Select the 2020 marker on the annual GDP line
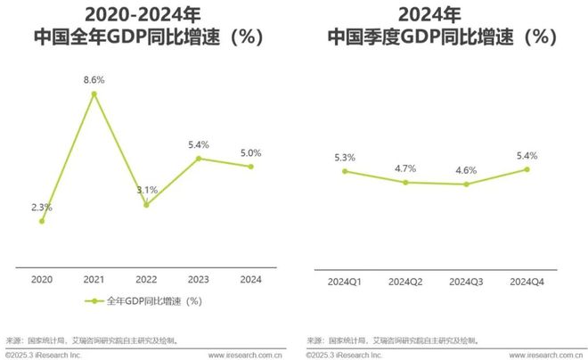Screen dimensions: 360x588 point(42,221)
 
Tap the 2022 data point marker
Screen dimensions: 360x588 point(146,204)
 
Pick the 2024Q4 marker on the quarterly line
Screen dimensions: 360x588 point(527,169)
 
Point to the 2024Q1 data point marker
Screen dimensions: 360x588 point(344,171)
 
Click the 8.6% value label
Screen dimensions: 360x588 point(94,80)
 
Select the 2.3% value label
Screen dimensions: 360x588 point(42,207)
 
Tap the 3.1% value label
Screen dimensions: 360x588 point(147,190)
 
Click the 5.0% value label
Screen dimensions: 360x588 point(250,152)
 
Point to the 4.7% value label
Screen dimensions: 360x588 point(405,167)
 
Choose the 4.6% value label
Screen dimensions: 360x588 point(466,169)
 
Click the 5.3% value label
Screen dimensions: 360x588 point(344,158)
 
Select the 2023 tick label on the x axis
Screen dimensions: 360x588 point(199,279)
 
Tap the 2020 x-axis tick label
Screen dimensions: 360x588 point(42,279)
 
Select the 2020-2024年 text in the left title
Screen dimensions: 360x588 point(147,14)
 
